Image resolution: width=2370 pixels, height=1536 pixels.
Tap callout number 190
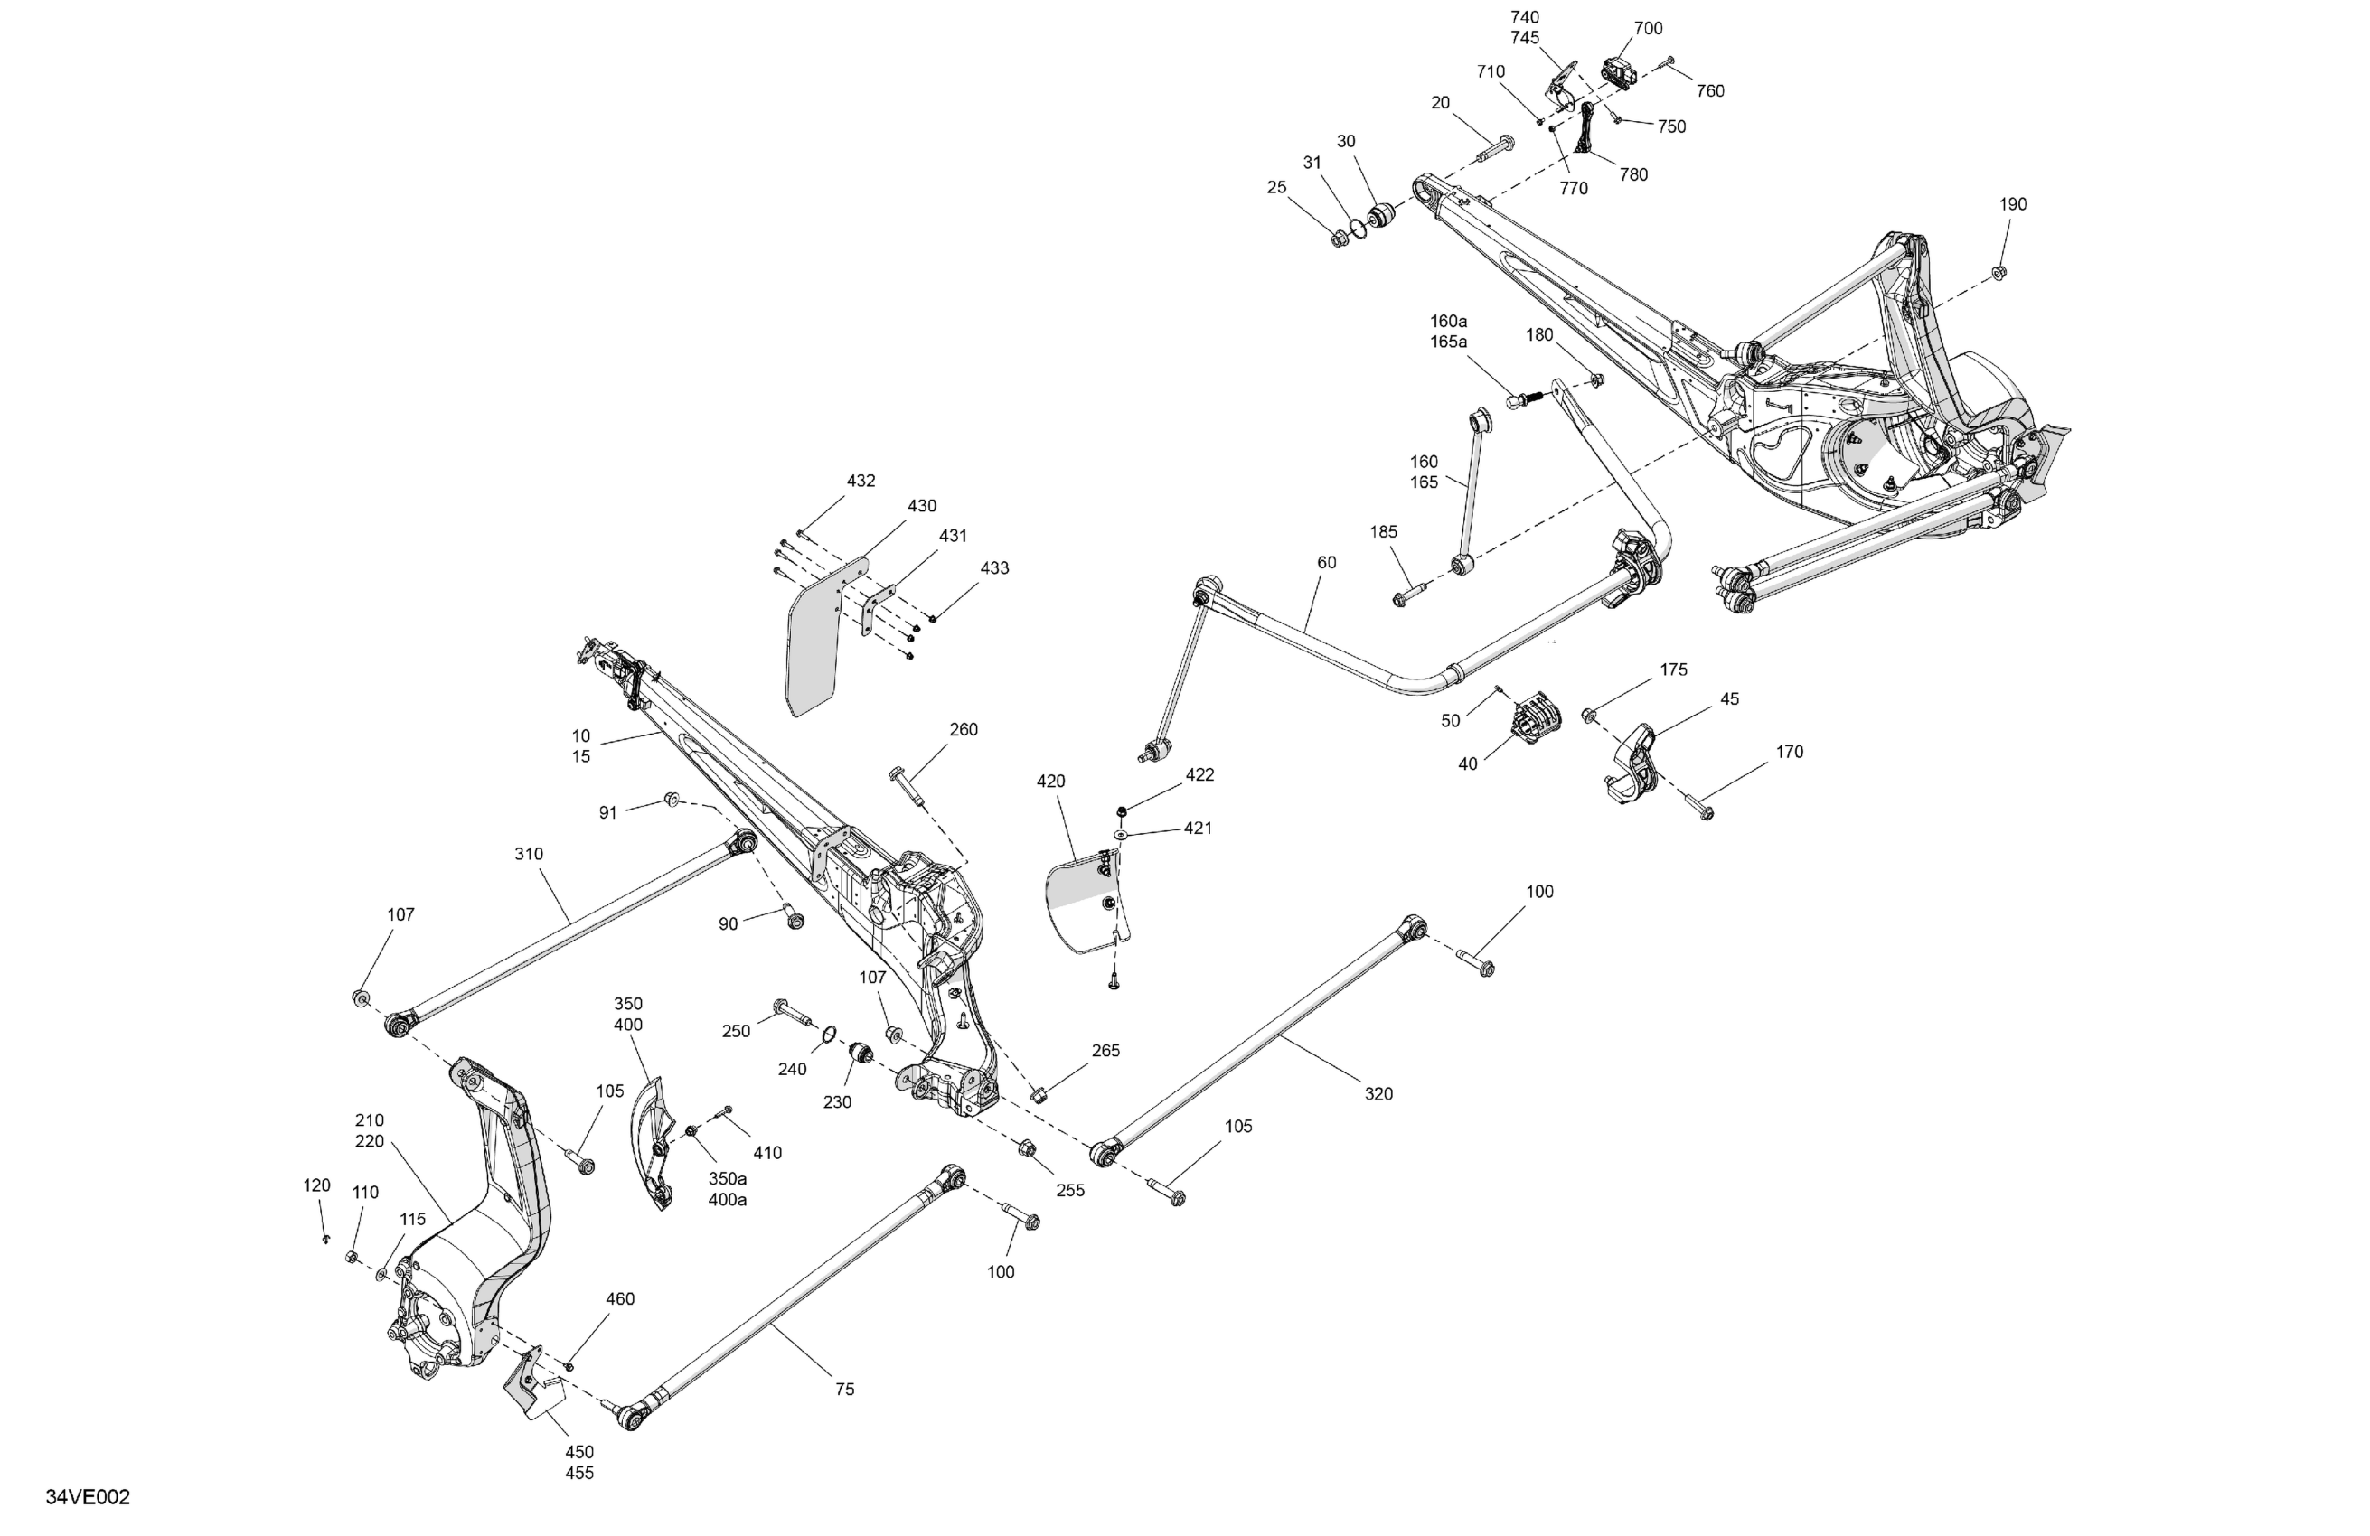[2012, 204]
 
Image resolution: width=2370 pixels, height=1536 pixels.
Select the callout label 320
[1378, 1093]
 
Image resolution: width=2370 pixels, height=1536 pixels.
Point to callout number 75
[844, 1389]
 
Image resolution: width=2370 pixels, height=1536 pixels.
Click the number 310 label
[529, 853]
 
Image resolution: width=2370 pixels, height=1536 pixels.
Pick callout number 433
[993, 567]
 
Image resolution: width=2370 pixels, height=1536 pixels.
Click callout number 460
[619, 1298]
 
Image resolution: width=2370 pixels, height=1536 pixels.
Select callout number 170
[1789, 752]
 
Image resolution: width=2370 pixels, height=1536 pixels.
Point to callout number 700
[1648, 29]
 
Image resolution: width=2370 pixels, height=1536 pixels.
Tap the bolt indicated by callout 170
[1698, 808]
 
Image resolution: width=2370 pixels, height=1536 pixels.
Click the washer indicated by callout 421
[1120, 834]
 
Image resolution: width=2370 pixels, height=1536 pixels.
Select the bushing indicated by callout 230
[861, 1053]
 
